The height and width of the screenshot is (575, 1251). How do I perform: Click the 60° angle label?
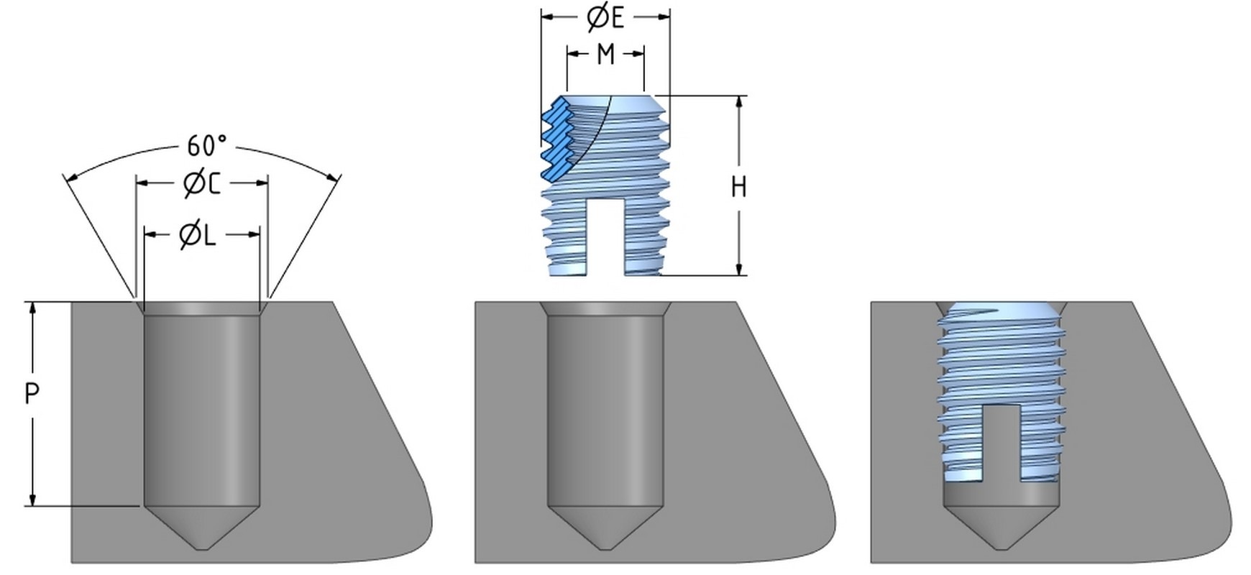206,146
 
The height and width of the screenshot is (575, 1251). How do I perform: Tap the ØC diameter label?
202,184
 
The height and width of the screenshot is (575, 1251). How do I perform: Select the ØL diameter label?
198,235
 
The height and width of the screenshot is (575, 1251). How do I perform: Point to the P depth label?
32,394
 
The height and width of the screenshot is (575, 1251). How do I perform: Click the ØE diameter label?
605,18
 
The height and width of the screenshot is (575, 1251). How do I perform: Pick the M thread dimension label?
605,55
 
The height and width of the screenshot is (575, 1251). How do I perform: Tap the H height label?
738,187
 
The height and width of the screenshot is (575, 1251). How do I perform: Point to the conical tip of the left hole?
202,528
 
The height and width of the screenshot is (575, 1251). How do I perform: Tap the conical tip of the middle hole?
605,528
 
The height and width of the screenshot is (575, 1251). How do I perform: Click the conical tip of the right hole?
1000,528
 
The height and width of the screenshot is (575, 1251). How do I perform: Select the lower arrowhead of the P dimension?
32,500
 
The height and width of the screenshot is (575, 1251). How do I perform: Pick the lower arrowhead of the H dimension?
739,269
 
